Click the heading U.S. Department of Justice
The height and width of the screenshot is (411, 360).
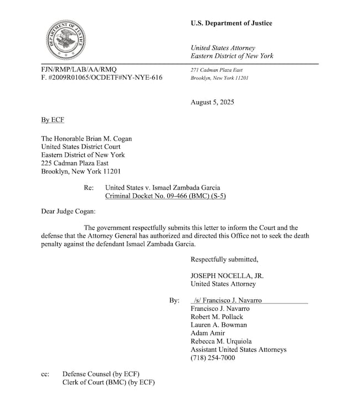[231, 23]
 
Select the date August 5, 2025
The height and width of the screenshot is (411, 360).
[212, 102]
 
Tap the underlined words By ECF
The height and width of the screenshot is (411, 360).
[53, 120]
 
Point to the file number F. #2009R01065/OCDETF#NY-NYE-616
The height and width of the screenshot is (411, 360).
[101, 78]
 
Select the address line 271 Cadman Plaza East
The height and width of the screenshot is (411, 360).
[216, 70]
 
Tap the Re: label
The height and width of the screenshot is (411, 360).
[89, 188]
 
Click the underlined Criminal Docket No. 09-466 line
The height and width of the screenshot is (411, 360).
[166, 197]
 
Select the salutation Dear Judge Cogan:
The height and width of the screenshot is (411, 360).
[69, 211]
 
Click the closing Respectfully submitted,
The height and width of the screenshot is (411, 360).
[224, 259]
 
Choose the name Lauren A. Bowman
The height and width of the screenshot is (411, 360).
[219, 325]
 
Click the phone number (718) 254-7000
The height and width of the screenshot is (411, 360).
[213, 358]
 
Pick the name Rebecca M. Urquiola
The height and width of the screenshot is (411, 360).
[221, 341]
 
